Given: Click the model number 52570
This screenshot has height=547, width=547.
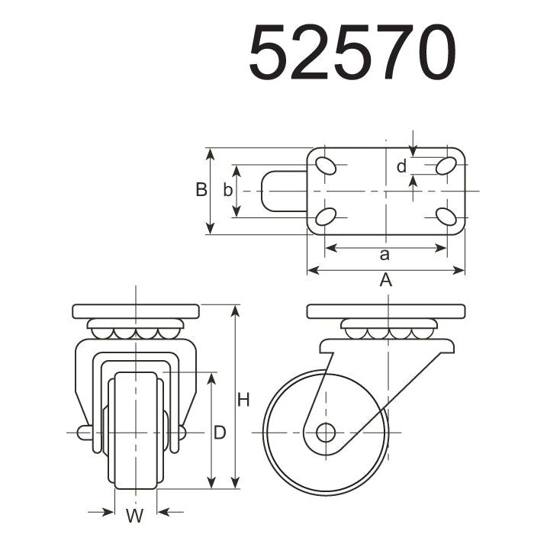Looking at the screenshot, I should click(352, 53).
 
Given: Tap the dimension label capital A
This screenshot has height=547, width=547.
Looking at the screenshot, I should click(386, 280).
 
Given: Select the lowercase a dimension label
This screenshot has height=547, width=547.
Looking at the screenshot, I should click(385, 254).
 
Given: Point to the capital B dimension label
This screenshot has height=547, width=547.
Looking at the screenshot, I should click(201, 190).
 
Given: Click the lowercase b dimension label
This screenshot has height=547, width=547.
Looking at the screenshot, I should click(227, 191).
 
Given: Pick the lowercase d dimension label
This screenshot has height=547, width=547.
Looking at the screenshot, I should click(401, 166).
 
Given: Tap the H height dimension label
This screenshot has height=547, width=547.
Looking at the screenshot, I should click(243, 399).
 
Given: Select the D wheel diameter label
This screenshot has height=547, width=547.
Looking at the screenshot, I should click(220, 433).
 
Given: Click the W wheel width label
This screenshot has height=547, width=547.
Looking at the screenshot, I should click(135, 516).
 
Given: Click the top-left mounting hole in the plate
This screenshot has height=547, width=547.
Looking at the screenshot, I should click(325, 166).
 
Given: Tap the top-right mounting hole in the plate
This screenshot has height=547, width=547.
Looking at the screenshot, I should click(447, 166).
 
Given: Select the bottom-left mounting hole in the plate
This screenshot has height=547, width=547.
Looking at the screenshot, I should click(325, 217).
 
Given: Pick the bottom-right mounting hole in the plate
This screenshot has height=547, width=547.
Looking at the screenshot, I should click(447, 217).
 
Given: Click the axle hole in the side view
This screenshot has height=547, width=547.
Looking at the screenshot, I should click(326, 433).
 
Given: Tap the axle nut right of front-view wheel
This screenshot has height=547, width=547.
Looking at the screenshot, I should click(182, 433).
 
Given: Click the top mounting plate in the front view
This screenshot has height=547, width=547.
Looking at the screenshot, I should click(136, 311).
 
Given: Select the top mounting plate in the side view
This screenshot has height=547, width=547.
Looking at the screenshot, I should click(386, 311).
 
